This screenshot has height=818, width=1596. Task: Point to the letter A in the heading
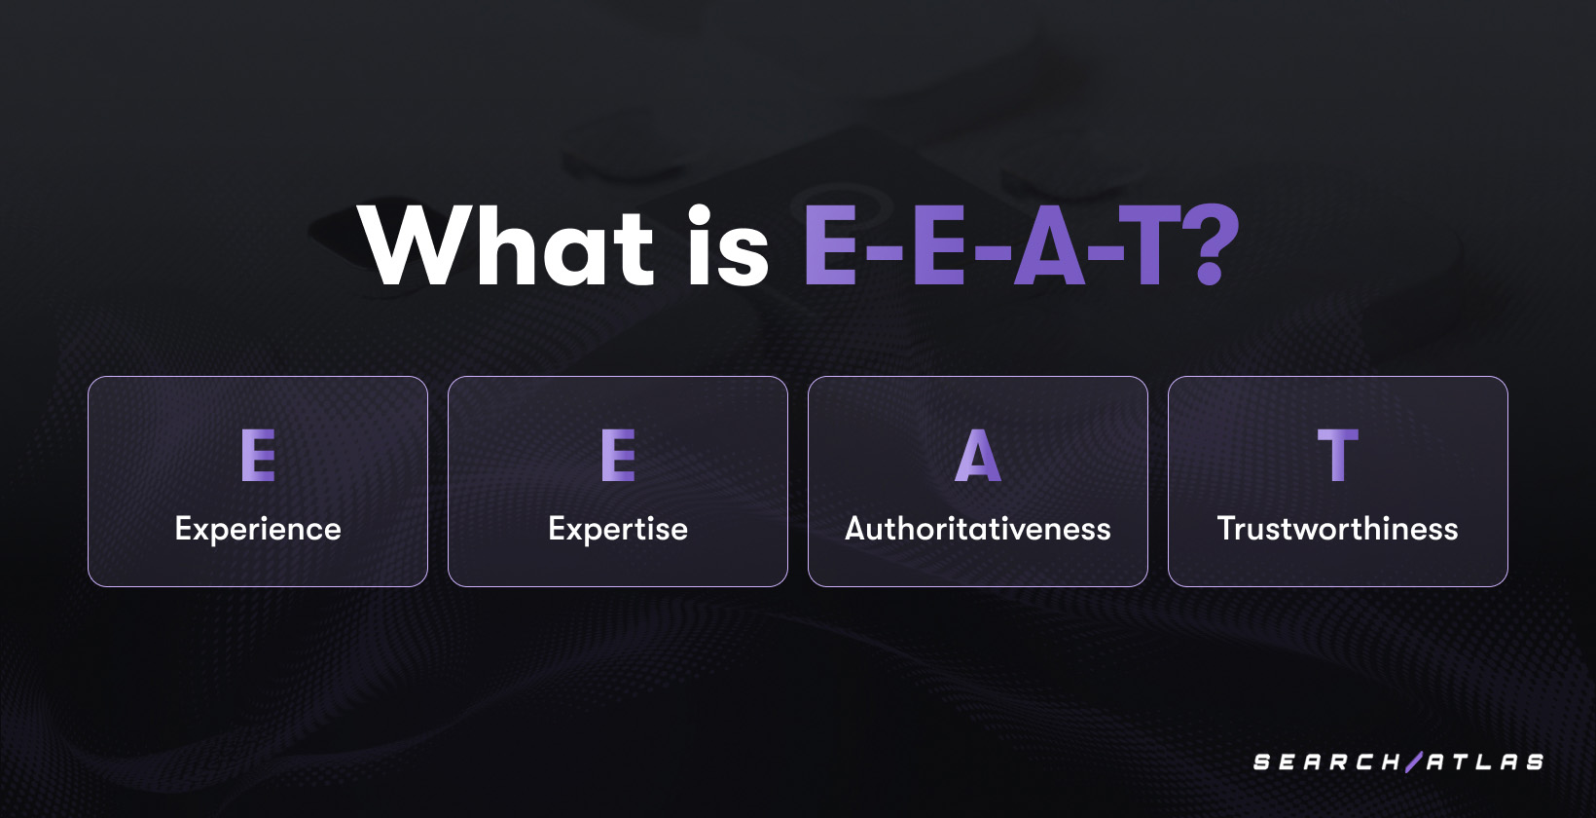1049,247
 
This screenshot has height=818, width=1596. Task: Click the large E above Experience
258,455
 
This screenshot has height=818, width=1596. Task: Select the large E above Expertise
618,455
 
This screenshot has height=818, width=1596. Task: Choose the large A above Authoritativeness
978,455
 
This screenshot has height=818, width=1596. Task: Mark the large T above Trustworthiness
1338,455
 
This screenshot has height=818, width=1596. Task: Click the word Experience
258,529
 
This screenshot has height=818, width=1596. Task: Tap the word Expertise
618,529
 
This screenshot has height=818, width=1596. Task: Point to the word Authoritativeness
978,529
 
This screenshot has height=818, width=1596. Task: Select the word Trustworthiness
1338,529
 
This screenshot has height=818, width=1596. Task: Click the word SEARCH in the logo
1326,762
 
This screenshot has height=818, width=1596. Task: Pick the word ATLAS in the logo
1485,762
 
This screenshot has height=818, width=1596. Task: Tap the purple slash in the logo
1414,762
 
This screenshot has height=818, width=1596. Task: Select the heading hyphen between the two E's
885,255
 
